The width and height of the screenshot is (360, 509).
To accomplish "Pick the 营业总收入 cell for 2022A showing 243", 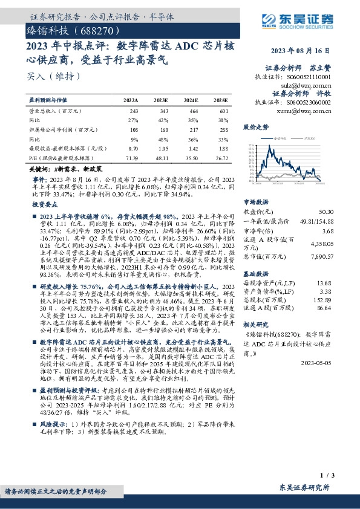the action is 134,112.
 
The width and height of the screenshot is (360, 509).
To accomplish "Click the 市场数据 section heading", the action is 255,203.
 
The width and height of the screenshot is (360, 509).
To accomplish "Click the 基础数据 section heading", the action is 255,274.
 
